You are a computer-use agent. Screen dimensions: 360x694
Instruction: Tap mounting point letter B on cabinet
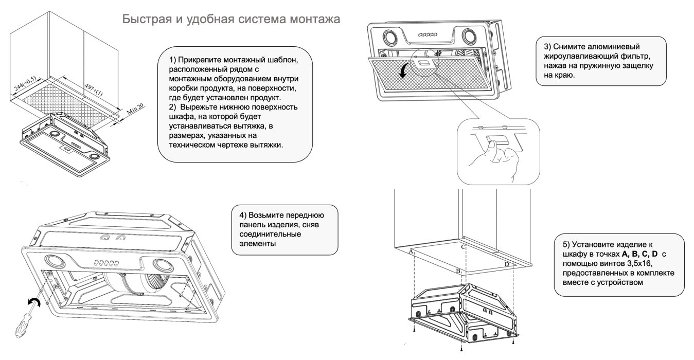tap(457, 269)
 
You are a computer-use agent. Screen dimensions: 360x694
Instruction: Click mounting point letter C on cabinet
tap(463, 247)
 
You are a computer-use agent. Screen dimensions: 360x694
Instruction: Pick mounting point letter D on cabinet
tap(507, 264)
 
